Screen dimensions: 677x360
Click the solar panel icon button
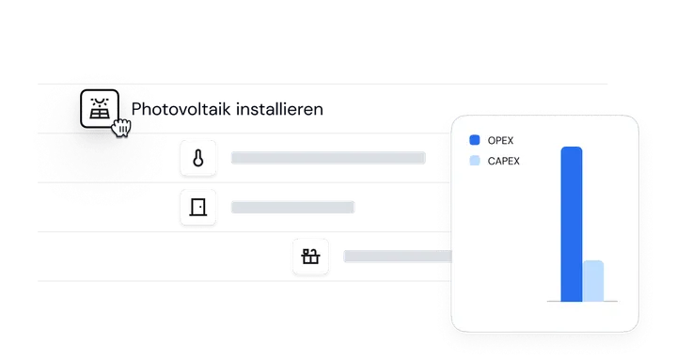[x=100, y=108]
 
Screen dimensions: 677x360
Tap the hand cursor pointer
[x=121, y=127]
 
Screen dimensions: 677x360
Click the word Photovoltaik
[x=181, y=109]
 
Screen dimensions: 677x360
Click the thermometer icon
[x=198, y=158]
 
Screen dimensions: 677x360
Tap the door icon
[x=198, y=207]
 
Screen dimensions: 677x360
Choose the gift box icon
[x=310, y=257]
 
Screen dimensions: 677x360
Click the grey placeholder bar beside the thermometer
[x=328, y=158]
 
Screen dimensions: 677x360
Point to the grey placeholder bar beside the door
[x=292, y=207]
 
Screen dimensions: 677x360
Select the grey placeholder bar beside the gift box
[x=398, y=257]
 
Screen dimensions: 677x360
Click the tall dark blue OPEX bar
[x=572, y=224]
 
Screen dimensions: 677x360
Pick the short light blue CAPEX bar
[x=593, y=281]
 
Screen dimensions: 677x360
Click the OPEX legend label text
[x=500, y=140]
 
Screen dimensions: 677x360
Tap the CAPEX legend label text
[x=503, y=161]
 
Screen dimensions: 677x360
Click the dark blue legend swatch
[x=475, y=140]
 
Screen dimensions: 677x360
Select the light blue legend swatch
[x=475, y=161]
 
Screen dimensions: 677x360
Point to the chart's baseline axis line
[x=582, y=302]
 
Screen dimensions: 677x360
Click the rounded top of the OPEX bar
[x=572, y=149]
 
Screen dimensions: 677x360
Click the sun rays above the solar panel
[x=100, y=102]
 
